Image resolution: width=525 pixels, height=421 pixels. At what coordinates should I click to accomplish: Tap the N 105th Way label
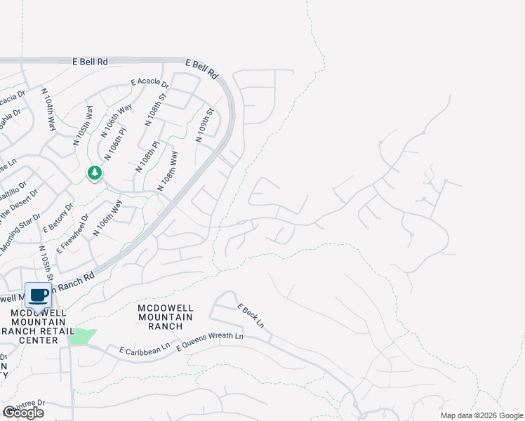tap(84, 126)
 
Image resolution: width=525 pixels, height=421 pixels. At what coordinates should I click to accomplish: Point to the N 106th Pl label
tap(116, 142)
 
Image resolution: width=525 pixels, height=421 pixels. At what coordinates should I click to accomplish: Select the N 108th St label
tap(157, 108)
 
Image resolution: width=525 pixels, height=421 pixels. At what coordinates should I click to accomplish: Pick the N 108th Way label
tap(168, 171)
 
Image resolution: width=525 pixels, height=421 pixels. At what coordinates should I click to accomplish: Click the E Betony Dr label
tap(58, 217)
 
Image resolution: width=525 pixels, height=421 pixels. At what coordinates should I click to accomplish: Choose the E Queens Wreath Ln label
tap(210, 342)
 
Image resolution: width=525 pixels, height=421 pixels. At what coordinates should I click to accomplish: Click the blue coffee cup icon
tap(38, 295)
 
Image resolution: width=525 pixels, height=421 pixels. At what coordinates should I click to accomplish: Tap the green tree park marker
tap(94, 173)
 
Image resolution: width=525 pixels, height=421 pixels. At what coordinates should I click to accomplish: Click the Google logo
tap(23, 413)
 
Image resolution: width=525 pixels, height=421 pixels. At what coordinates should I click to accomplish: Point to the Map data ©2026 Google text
tap(481, 415)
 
